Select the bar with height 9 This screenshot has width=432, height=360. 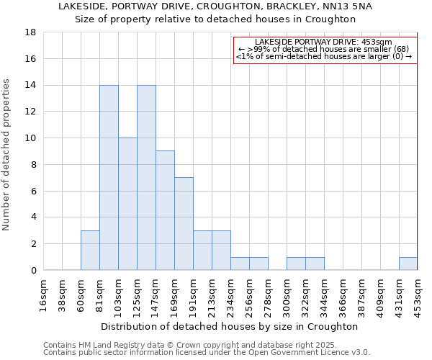click(165, 210)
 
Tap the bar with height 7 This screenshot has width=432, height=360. click(184, 223)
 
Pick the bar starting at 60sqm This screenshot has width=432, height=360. click(90, 250)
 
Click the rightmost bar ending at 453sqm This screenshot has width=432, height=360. click(408, 264)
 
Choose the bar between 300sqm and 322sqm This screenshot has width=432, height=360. click(296, 264)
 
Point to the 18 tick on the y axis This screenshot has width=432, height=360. click(31, 32)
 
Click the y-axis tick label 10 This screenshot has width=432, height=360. click(31, 138)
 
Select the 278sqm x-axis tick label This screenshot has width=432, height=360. click(269, 294)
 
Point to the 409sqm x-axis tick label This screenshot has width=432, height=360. click(381, 294)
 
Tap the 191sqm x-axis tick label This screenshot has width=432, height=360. click(194, 294)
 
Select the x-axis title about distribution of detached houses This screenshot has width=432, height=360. click(230, 326)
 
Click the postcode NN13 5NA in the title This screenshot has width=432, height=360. click(351, 6)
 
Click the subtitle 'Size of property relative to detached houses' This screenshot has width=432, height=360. click(215, 19)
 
